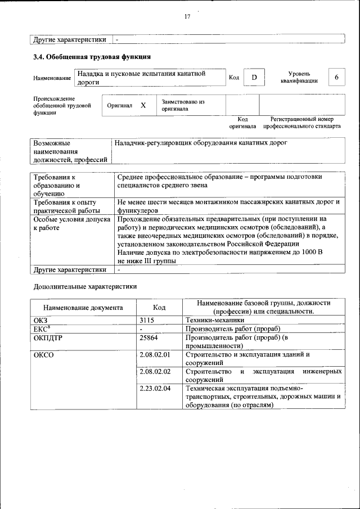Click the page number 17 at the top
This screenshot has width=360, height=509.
point(187,16)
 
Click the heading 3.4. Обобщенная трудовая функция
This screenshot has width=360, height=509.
point(92,57)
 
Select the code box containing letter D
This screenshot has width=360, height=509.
point(254,77)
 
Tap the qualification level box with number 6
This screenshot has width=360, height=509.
point(336,77)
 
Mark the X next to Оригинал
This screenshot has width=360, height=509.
point(143,105)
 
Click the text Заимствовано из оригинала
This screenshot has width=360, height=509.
point(183,105)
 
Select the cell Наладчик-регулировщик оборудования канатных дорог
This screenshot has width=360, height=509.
point(201,143)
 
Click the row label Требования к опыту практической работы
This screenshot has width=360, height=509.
point(65,205)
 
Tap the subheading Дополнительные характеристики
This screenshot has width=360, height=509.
point(85,286)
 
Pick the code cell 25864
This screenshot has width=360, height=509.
point(149,337)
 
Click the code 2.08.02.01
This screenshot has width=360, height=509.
point(155,355)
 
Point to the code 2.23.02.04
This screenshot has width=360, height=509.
point(155,389)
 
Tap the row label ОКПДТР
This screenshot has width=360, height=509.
point(48,337)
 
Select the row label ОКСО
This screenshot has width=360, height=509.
point(44,355)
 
